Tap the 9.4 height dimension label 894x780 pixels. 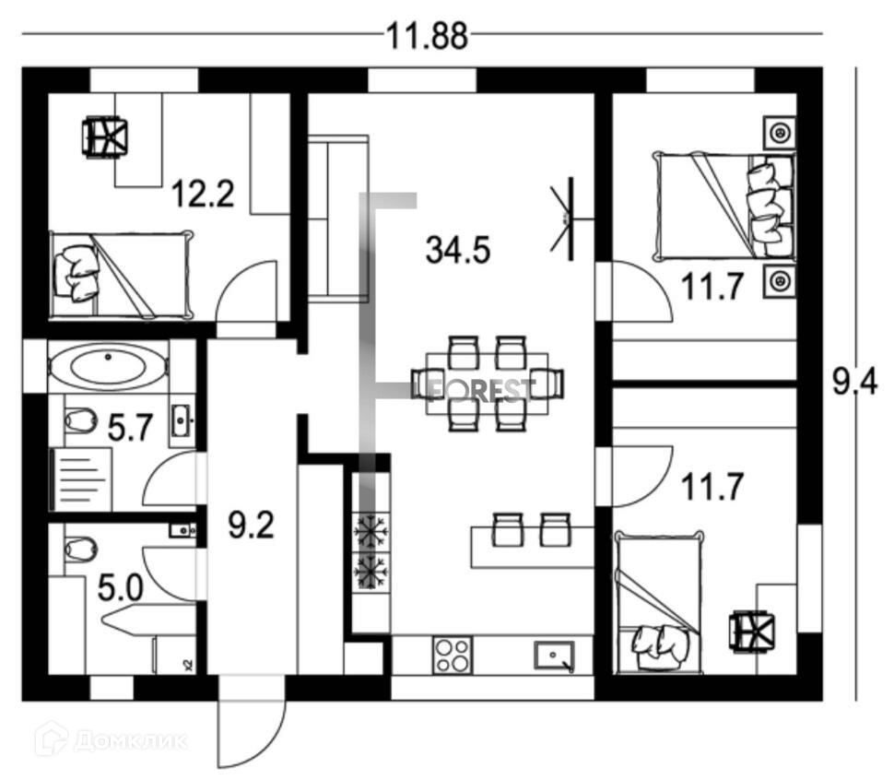point(854,382)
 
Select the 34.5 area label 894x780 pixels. point(456,249)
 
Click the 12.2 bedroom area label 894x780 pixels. point(203,195)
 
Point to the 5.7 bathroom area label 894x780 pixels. point(129,426)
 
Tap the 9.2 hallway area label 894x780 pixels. point(251,526)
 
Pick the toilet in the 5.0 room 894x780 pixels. point(80,550)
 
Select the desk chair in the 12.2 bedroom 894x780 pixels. point(104,137)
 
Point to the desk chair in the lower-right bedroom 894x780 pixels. point(753,633)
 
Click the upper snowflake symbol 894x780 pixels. point(371,533)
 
